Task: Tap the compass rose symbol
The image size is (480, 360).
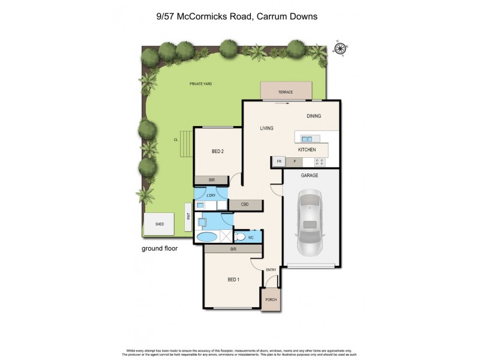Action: [x=340, y=49]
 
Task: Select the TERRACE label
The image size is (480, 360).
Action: [x=285, y=92]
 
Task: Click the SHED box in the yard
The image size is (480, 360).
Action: [x=160, y=224]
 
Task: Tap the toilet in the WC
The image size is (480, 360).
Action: [x=239, y=236]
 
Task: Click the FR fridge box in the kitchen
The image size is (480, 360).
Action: [x=278, y=161]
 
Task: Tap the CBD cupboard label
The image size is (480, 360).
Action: [x=245, y=205]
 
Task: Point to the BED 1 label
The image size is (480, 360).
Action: [x=233, y=280]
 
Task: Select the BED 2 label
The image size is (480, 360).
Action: [x=218, y=152]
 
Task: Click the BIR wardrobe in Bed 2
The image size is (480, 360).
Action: [x=211, y=180]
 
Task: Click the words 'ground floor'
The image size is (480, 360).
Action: [x=159, y=248]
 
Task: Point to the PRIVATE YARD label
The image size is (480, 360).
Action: [x=200, y=84]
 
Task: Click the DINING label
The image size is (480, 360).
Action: [x=314, y=116]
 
